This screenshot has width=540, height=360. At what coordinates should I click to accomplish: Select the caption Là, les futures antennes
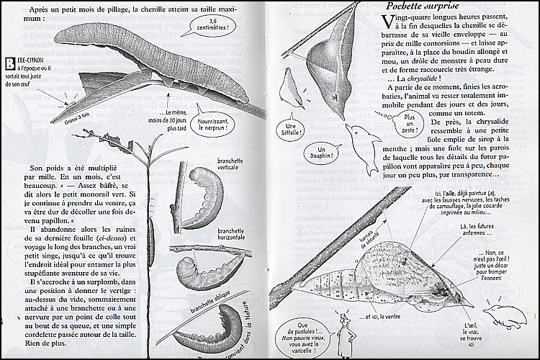(483, 230)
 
